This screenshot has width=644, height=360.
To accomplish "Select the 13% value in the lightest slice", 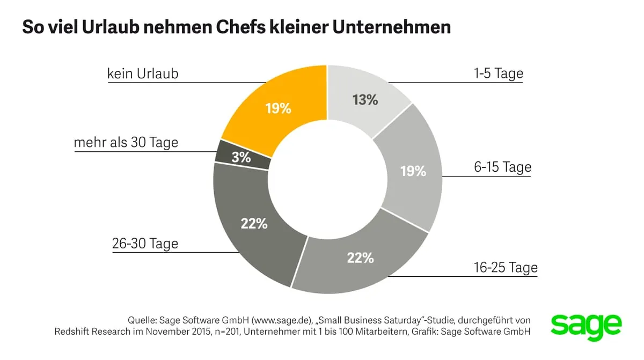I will [x=365, y=99].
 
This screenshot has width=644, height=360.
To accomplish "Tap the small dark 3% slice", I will [x=241, y=157].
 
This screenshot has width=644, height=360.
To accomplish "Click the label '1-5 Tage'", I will [x=498, y=74].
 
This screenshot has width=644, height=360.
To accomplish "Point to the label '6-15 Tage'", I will [x=502, y=167].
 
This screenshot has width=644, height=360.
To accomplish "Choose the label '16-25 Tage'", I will [x=506, y=267].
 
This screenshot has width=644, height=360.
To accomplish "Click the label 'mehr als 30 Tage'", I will [x=126, y=143].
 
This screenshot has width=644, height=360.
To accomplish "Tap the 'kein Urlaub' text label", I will [x=143, y=74].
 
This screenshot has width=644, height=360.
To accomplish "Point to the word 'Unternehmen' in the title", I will [x=393, y=27].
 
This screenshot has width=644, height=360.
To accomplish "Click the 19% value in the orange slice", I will [x=278, y=108].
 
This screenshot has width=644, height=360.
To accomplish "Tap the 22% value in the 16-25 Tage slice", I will [x=360, y=258].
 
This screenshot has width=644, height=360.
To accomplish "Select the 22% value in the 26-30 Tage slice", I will [x=254, y=223].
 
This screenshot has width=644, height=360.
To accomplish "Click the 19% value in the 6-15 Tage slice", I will [x=413, y=171].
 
